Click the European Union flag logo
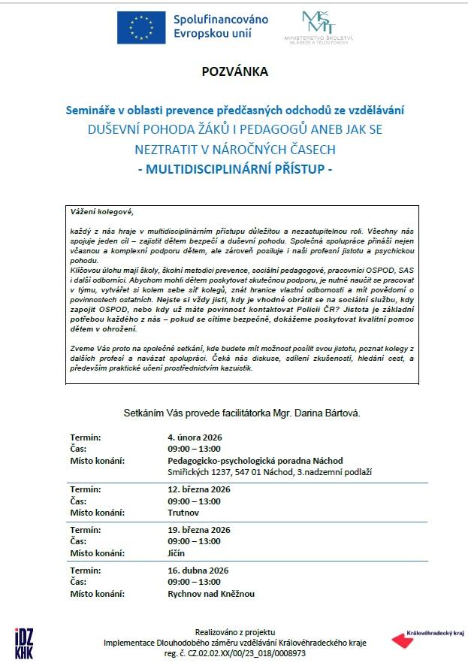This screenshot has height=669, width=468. pyautogui.click(x=141, y=28)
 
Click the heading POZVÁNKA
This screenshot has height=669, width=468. pyautogui.click(x=234, y=72)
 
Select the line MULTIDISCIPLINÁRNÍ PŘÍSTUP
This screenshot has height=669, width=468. pyautogui.click(x=234, y=170)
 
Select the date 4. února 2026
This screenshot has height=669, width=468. pyautogui.click(x=195, y=437)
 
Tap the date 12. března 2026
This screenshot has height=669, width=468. pyautogui.click(x=199, y=489)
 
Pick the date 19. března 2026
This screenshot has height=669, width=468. pyautogui.click(x=199, y=530)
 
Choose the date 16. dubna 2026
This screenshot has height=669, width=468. pyautogui.click(x=197, y=571)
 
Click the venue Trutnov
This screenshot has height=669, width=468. pyautogui.click(x=184, y=513)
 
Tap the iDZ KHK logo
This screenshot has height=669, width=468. pyautogui.click(x=23, y=643)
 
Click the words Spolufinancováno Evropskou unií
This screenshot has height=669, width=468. pyautogui.click(x=221, y=26)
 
